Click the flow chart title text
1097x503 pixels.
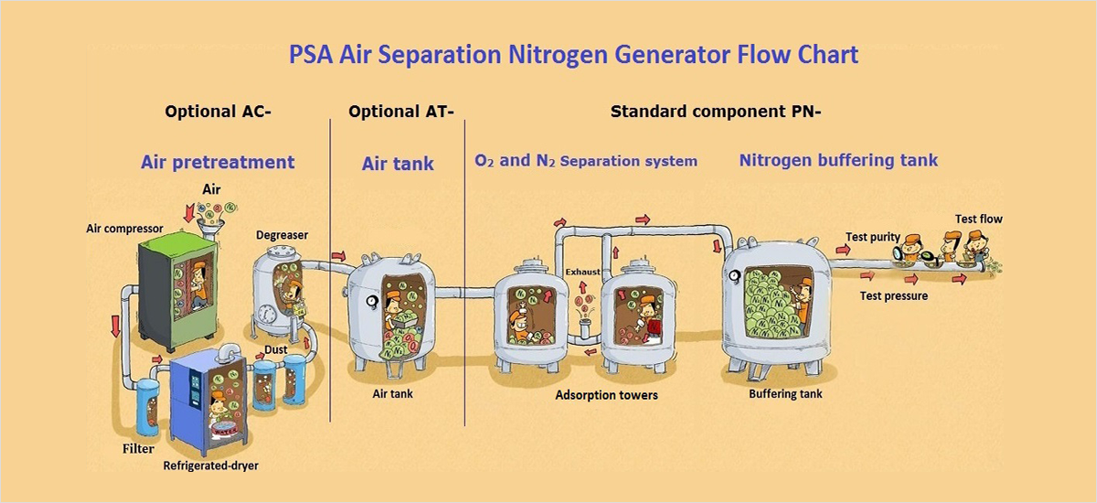(573, 55)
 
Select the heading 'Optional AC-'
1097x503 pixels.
(218, 112)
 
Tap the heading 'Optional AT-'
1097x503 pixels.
(401, 112)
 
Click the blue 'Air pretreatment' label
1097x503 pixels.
(218, 163)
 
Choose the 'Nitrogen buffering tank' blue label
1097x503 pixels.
(838, 160)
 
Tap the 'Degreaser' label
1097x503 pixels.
(282, 235)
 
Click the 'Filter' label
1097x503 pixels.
(138, 449)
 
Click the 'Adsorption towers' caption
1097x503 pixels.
(606, 395)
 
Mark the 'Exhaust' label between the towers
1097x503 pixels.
(582, 272)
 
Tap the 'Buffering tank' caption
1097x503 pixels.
(785, 394)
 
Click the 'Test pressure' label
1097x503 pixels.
(893, 296)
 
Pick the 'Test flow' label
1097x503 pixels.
(978, 219)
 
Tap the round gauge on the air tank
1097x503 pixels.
(373, 301)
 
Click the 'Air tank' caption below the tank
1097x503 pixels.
(393, 394)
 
